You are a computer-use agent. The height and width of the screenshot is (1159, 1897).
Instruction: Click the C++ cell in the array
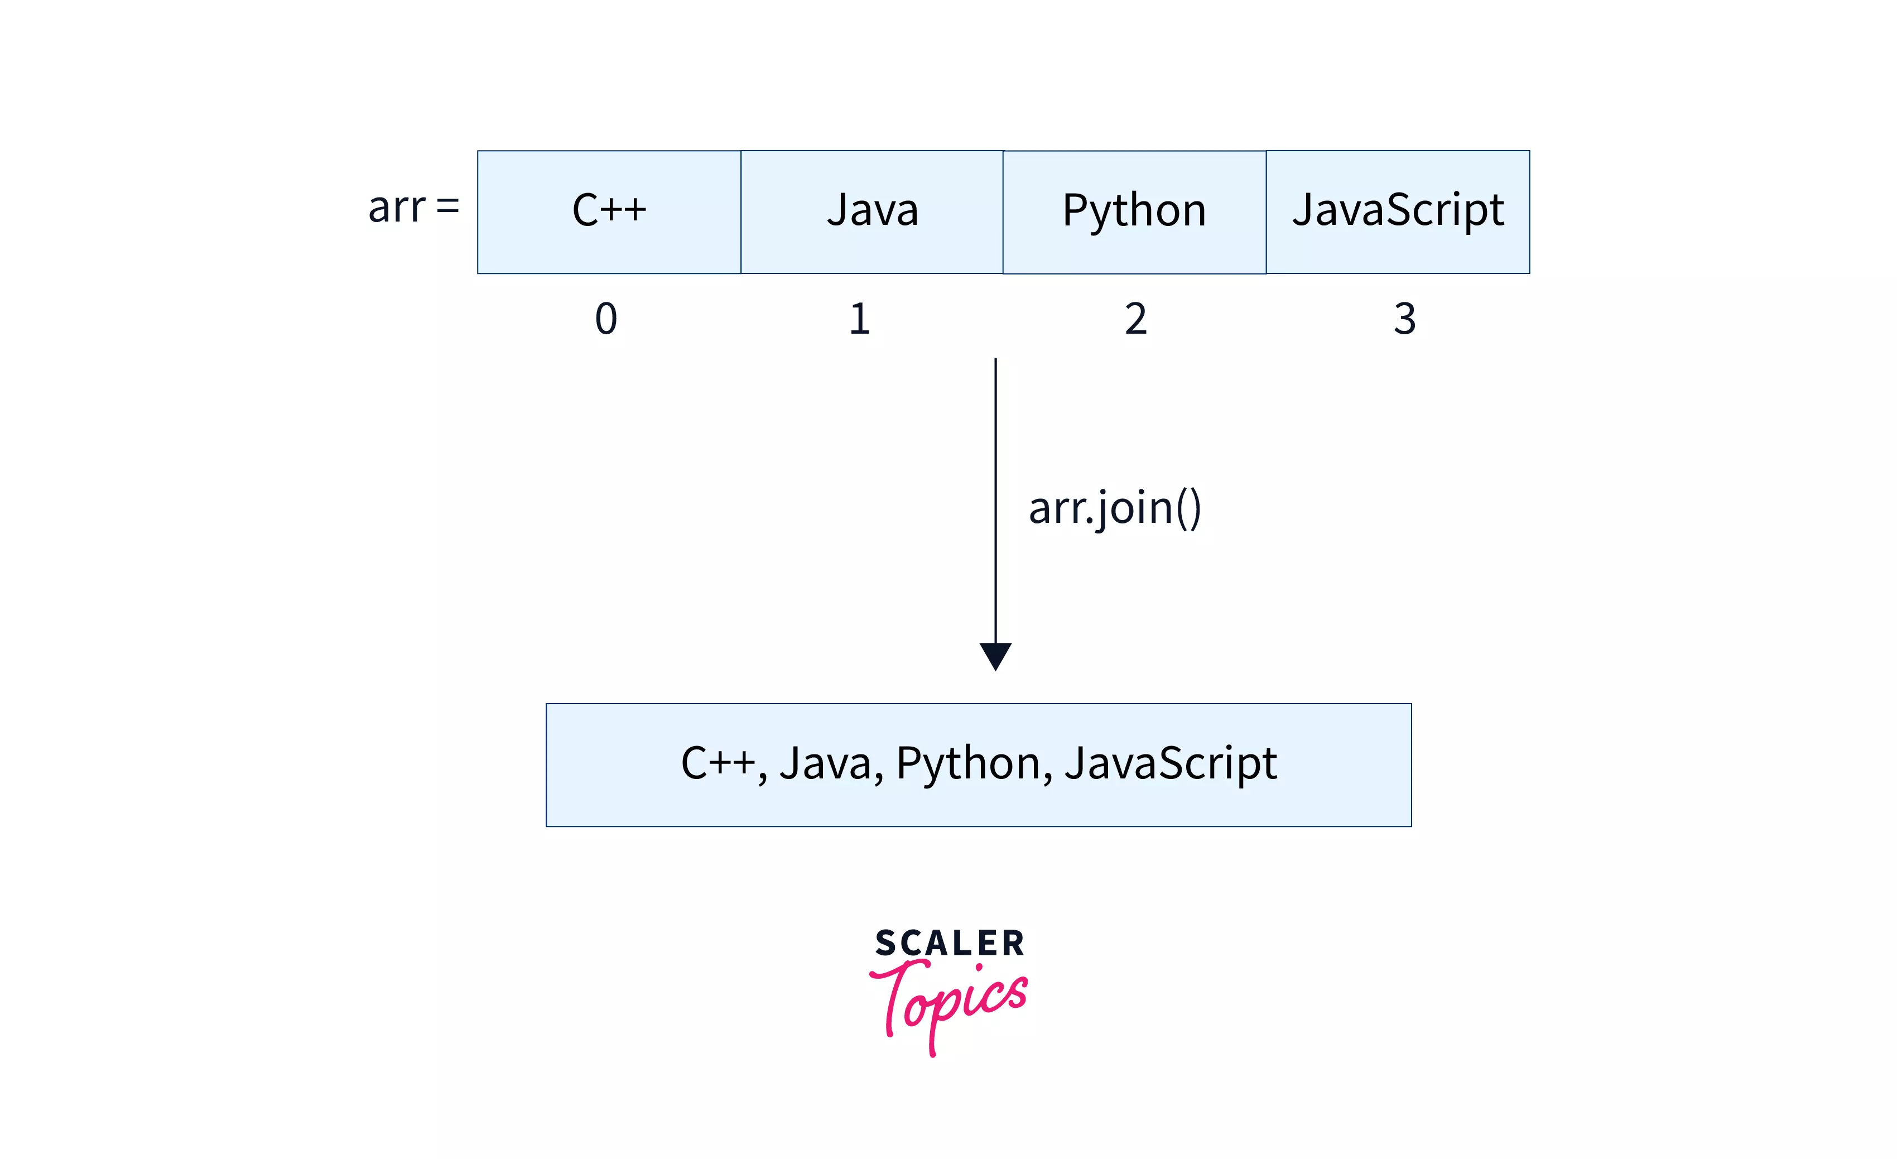click(609, 212)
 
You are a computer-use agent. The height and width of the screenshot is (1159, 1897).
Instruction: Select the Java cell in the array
click(872, 212)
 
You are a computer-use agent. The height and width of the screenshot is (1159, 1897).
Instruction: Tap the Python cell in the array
click(1134, 212)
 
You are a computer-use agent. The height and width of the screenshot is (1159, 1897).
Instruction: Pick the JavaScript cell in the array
click(1397, 212)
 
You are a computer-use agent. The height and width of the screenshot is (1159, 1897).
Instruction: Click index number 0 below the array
click(606, 319)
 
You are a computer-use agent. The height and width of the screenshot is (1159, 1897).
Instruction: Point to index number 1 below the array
click(860, 319)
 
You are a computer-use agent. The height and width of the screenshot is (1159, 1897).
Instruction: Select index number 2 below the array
click(1135, 319)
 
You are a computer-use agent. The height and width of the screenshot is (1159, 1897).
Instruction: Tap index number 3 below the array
click(1404, 319)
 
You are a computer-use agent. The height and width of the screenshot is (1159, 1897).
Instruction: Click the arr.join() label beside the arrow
click(1114, 508)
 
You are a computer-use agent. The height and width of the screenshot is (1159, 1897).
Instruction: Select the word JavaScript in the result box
click(1170, 764)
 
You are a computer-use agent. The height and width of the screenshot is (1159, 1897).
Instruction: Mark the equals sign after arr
click(447, 207)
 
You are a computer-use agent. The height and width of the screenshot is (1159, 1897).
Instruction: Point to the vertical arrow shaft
click(995, 501)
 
